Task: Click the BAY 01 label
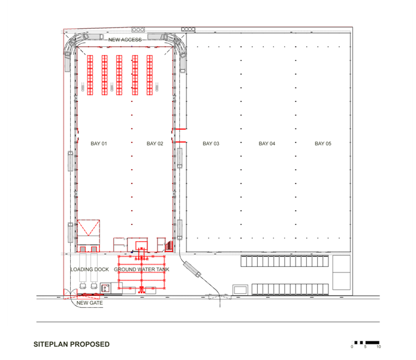click(99, 143)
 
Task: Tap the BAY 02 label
click(155, 143)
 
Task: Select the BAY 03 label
click(211, 143)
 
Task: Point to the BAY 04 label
click(267, 143)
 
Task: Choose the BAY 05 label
click(323, 143)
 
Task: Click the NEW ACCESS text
click(125, 40)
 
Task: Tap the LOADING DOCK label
click(90, 269)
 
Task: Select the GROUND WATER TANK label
click(141, 269)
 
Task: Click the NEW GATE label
click(89, 303)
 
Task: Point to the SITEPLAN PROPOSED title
click(72, 344)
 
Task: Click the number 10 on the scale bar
click(379, 347)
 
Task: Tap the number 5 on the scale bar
click(365, 347)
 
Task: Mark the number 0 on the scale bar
click(352, 347)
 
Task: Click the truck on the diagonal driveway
click(192, 269)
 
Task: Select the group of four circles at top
click(188, 29)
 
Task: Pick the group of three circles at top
click(138, 29)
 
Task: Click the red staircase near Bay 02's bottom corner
click(169, 245)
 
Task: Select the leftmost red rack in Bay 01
click(90, 75)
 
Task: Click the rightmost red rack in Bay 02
click(150, 75)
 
